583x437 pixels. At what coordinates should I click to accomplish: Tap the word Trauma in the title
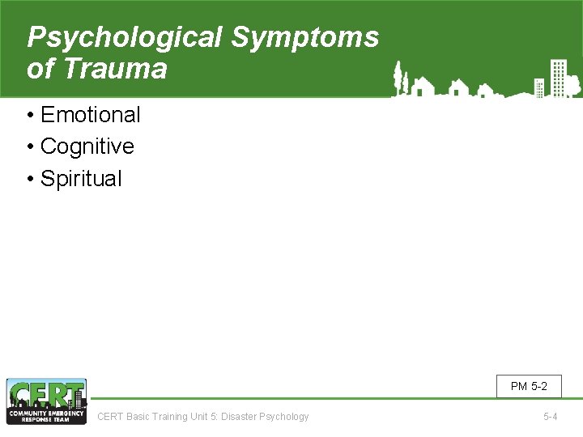coord(115,69)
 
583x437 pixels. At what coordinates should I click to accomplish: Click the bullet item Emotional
coord(90,115)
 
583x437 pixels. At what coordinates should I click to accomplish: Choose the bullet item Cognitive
coord(87,146)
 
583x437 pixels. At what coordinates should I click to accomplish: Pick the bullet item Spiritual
coord(81,178)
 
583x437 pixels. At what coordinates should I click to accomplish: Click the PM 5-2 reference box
coord(529,387)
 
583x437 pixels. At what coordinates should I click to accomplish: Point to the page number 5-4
coord(550,417)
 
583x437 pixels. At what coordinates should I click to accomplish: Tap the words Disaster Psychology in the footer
coord(268,417)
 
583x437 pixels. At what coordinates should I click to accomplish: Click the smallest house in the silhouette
coord(484,91)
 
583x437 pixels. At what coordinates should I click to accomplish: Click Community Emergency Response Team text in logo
coord(46,415)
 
